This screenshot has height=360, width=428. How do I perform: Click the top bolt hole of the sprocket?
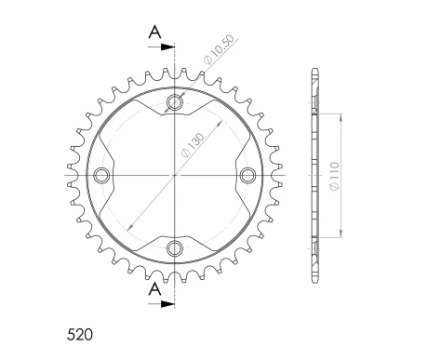click(x=174, y=101)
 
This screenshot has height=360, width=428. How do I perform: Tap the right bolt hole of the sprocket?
click(x=247, y=174)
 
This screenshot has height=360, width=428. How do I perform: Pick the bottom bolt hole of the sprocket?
click(x=174, y=247)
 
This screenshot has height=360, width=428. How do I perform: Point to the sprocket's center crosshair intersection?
click(x=174, y=174)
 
